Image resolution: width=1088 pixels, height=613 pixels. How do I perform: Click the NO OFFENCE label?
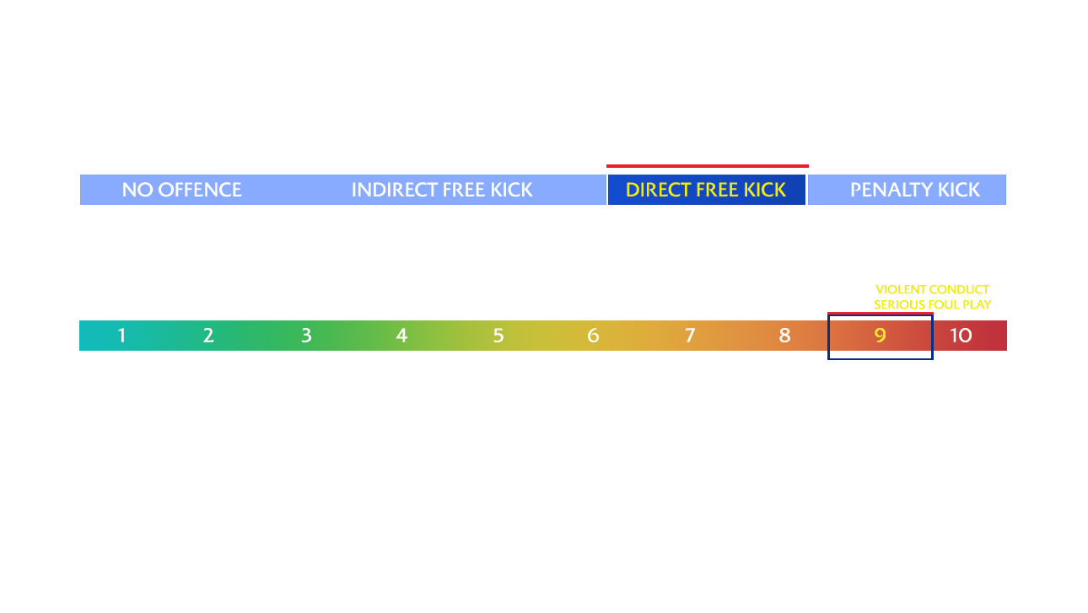[x=181, y=190]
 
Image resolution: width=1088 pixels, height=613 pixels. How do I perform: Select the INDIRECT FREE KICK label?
[x=442, y=190]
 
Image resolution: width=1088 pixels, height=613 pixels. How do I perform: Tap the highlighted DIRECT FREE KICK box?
[x=707, y=190]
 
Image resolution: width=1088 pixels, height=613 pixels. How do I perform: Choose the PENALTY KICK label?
[x=915, y=190]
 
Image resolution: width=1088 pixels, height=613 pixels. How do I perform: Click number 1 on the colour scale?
[x=122, y=335]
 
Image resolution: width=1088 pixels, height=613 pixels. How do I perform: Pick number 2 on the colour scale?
[x=208, y=335]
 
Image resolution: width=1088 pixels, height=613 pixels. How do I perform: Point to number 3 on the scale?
[x=306, y=335]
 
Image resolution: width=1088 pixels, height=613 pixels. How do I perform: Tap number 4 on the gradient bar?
[x=401, y=335]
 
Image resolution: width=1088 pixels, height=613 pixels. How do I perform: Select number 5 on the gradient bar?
[x=498, y=335]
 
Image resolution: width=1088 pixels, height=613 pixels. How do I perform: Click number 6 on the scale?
[x=593, y=335]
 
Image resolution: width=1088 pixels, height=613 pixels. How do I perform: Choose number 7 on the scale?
[x=690, y=335]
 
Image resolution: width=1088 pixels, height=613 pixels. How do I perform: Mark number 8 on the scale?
[x=784, y=335]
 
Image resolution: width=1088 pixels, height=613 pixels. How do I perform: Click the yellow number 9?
[x=881, y=335]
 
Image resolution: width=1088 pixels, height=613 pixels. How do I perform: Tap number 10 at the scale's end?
[x=961, y=335]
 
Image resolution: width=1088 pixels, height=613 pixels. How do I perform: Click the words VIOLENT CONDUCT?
[x=932, y=289]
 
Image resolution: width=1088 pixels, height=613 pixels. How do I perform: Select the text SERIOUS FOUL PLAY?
[x=932, y=304]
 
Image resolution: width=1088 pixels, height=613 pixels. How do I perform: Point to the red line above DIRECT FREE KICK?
[x=707, y=166]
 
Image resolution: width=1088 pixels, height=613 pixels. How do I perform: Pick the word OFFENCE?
[x=200, y=190]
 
